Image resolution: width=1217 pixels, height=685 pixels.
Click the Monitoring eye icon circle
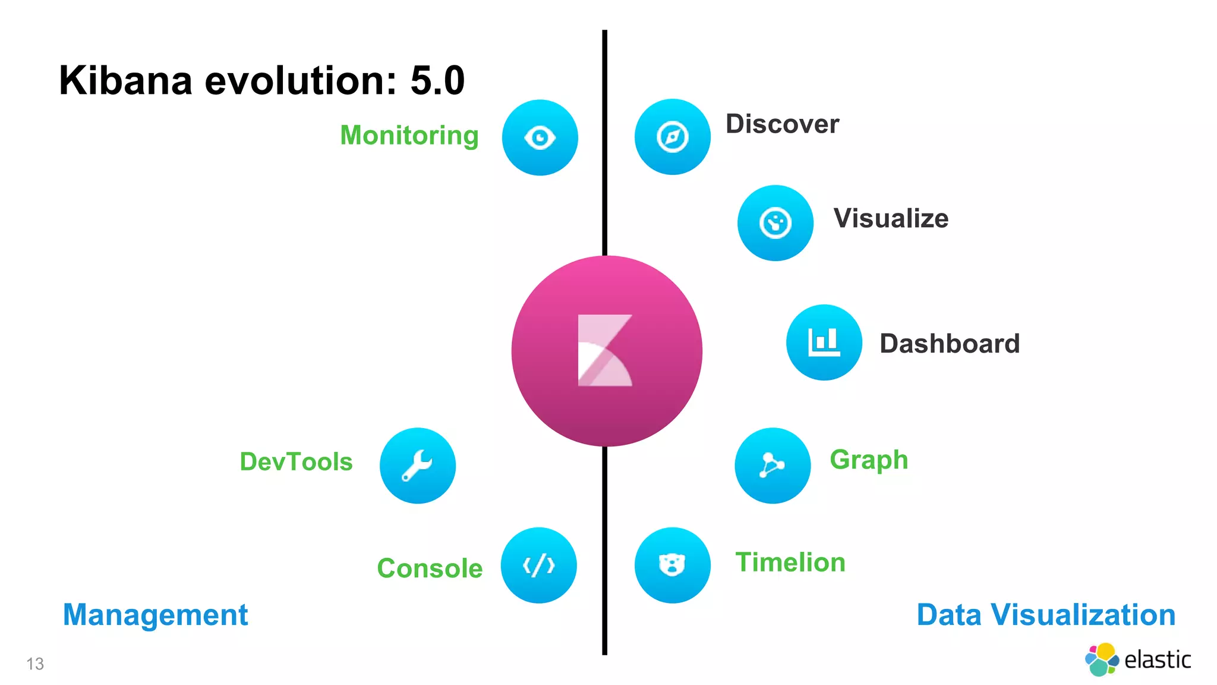[540, 137]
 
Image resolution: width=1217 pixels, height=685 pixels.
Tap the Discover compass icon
[672, 137]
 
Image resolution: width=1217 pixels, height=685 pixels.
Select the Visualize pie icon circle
[775, 223]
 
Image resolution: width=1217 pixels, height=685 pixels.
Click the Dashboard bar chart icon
[824, 342]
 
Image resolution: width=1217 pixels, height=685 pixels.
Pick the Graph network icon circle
[773, 465]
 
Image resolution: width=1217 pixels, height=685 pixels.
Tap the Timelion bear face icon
[672, 565]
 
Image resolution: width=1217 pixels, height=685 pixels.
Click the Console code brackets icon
[538, 565]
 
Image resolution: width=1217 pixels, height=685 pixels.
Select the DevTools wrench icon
[417, 465]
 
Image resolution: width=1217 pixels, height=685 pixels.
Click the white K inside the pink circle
[604, 351]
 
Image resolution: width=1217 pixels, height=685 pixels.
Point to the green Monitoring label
[409, 136]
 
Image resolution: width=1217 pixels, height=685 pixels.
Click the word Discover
[782, 124]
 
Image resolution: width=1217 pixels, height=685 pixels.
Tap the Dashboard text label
[949, 344]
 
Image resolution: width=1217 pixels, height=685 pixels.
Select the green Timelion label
[790, 563]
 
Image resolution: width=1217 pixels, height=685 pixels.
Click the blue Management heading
[155, 615]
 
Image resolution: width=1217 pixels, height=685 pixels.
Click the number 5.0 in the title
[437, 80]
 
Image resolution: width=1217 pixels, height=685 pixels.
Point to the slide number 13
[35, 664]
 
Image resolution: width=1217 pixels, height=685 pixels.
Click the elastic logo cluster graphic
[1102, 659]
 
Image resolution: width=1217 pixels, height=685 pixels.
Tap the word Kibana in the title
[125, 80]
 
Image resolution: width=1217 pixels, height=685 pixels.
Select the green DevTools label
[296, 462]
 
